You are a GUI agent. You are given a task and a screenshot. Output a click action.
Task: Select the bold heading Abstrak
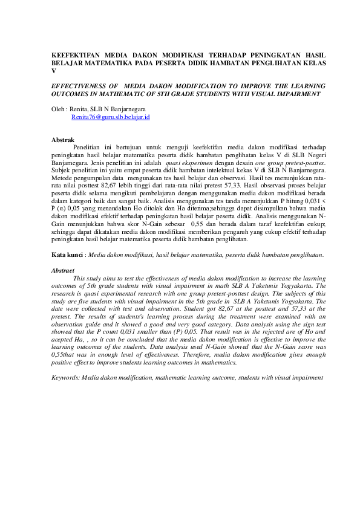tap(63, 140)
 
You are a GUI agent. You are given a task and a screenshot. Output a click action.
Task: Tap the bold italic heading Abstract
tap(63, 270)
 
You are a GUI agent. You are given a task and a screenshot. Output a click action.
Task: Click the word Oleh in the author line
tap(59, 109)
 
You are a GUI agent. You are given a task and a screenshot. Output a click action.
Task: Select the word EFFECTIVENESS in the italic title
tap(80, 86)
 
